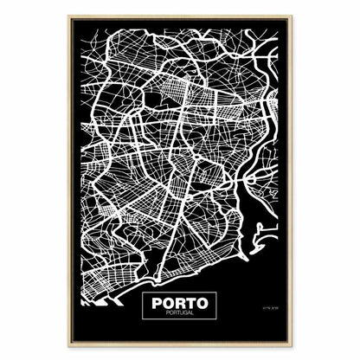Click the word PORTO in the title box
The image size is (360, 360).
(180, 305)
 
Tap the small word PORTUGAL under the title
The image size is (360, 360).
(180, 315)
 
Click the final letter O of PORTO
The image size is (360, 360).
(202, 305)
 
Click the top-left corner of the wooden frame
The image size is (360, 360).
(69, 16)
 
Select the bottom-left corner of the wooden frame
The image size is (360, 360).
(69, 345)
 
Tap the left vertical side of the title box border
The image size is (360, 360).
(141, 308)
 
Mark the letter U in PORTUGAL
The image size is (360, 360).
(179, 315)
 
